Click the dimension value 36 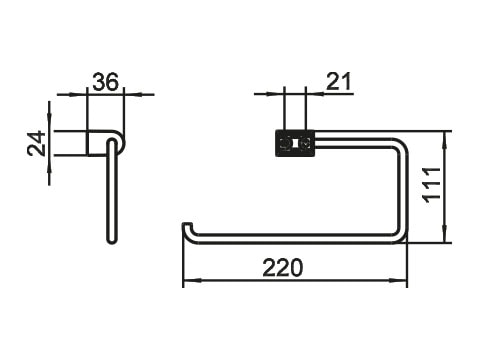click(105, 82)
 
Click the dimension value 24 click(36, 143)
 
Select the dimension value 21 click(338, 82)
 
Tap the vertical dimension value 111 click(432, 185)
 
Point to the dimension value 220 click(283, 268)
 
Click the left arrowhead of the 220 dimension click(189, 281)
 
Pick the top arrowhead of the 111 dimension click(444, 137)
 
